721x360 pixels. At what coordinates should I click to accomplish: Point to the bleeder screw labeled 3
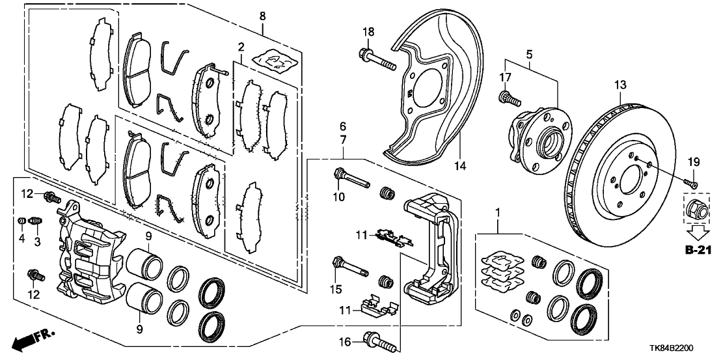click(36, 225)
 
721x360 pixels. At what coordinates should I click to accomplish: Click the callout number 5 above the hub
click(529, 55)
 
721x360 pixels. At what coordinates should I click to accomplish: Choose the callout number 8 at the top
click(262, 15)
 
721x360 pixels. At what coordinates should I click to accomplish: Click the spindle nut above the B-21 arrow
click(696, 209)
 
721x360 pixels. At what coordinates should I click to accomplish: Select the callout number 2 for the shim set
click(241, 47)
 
